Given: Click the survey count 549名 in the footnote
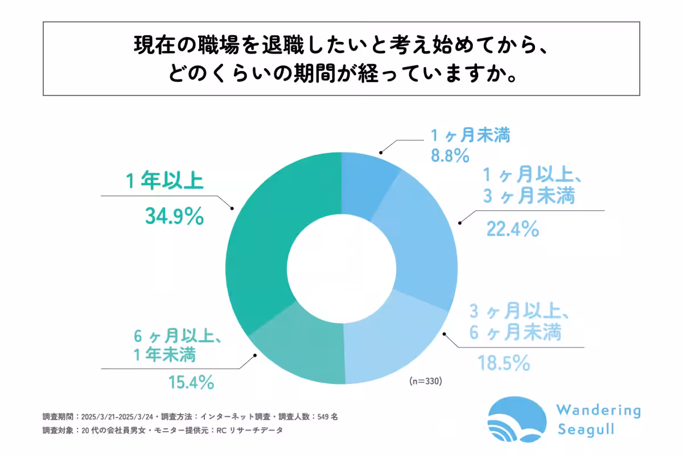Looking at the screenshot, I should [x=326, y=416].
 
